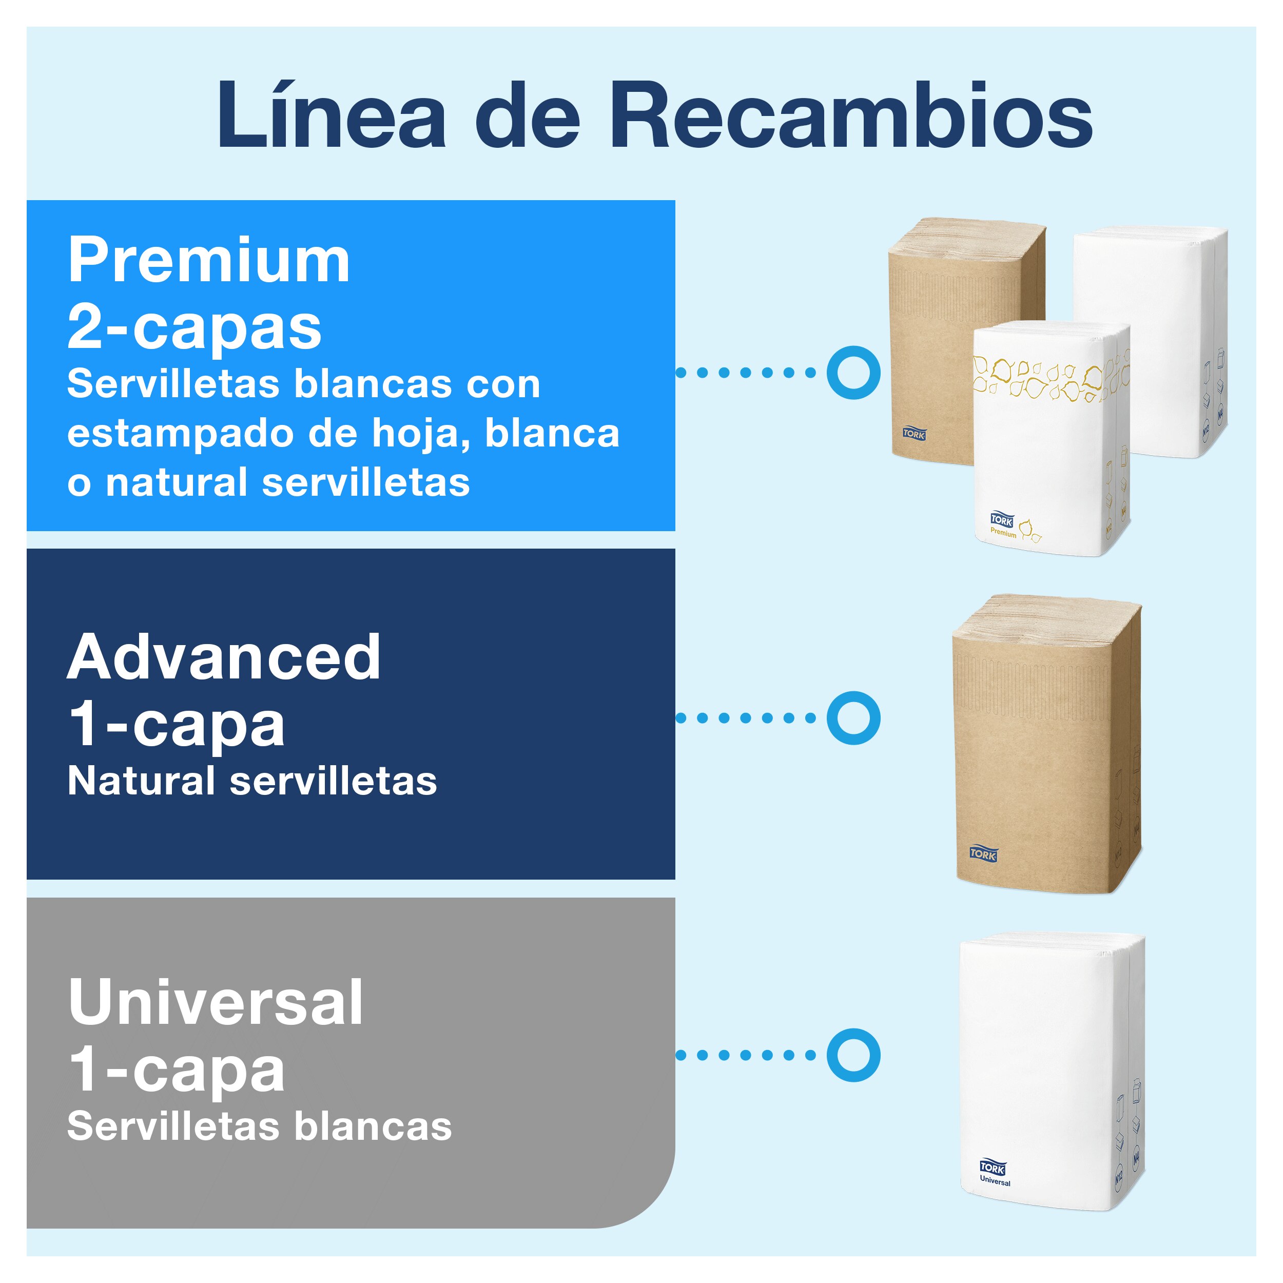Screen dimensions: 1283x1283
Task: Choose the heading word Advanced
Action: (x=224, y=657)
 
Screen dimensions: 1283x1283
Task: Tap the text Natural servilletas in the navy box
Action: (x=252, y=781)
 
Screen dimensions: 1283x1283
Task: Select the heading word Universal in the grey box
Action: (x=216, y=1002)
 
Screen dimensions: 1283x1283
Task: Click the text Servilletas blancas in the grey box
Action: (x=259, y=1126)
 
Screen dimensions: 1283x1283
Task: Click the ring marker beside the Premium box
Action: (x=853, y=373)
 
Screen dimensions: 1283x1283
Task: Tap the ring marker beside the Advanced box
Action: (x=853, y=718)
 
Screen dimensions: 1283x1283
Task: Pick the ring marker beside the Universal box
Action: (x=853, y=1055)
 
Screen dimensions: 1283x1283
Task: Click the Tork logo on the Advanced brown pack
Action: (x=983, y=853)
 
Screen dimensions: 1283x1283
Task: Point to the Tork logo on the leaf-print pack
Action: (x=1001, y=520)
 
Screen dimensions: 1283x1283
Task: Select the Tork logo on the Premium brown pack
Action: (x=914, y=434)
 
